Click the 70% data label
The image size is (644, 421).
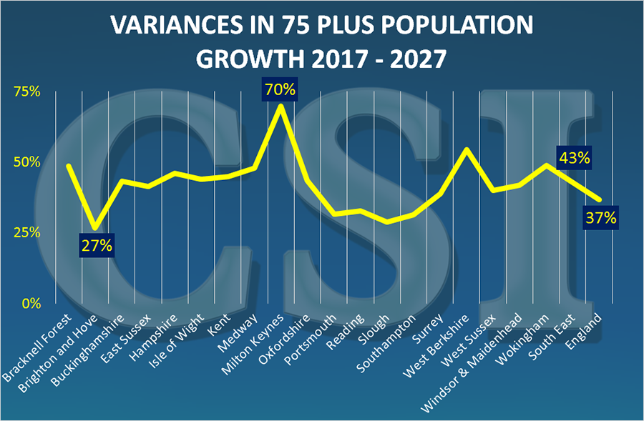280,91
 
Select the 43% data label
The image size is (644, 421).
574,159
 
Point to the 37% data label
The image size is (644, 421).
600,218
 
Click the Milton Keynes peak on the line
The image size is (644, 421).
280,106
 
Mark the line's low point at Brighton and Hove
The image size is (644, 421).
96,228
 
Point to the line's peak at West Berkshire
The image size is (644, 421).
467,149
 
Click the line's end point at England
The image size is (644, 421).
600,199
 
